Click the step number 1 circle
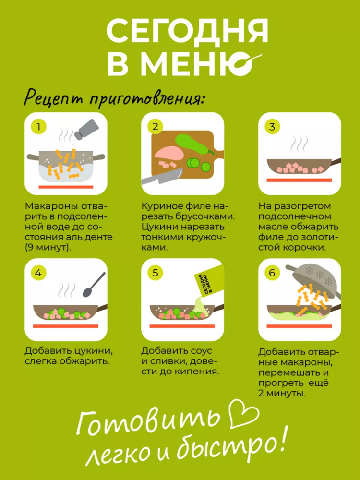[x=38, y=127]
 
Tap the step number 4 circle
[x=38, y=273]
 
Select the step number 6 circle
[x=272, y=273]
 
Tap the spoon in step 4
[x=94, y=284]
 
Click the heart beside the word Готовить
[x=244, y=414]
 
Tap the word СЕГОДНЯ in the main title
[x=187, y=31]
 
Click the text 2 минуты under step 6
[x=282, y=394]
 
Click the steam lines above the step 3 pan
[x=300, y=143]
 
